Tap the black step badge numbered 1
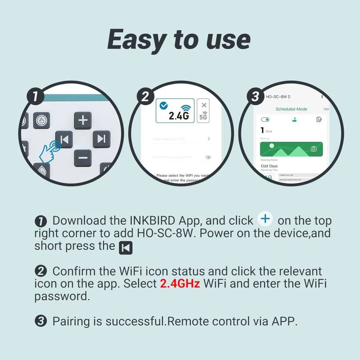click(35, 97)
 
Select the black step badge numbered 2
click(145, 97)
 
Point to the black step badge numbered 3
click(255, 97)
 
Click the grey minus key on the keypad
click(83, 158)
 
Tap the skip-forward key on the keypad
click(102, 139)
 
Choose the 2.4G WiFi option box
click(175, 111)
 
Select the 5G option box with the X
click(203, 111)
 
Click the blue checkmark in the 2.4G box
click(163, 105)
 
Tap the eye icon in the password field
click(208, 157)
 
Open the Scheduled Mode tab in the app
click(291, 109)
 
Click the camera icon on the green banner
click(314, 149)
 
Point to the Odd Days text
click(269, 166)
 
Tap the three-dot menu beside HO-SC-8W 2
click(322, 97)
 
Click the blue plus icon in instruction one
click(266, 219)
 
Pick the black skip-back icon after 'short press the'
click(126, 248)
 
